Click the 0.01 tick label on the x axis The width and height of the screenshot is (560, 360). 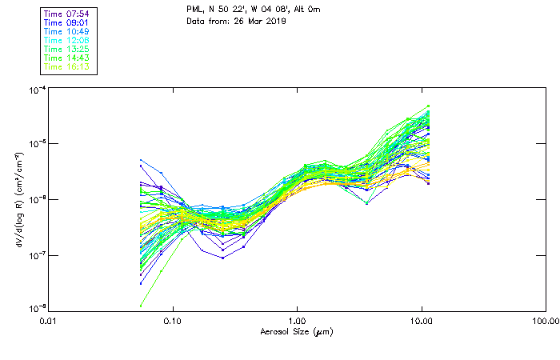48,322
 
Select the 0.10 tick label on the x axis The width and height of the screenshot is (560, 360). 173,322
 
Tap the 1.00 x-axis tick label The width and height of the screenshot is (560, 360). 298,322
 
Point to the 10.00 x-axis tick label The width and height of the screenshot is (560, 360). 422,322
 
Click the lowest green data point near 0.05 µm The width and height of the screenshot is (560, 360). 142,305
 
